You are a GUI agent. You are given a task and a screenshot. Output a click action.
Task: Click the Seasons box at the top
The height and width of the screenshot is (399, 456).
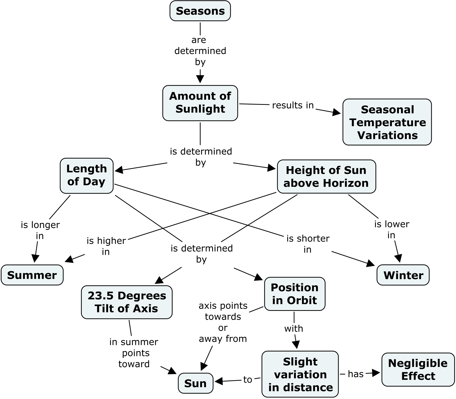tap(200, 11)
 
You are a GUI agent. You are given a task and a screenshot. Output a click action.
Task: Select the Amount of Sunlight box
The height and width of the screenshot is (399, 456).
tap(200, 103)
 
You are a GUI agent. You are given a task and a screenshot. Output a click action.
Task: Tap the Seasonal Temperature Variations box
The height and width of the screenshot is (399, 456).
tap(387, 122)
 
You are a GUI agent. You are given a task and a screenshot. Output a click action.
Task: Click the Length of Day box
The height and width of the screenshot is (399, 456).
tap(86, 176)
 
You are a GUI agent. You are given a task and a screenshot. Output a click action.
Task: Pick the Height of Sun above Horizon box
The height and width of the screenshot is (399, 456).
tap(326, 177)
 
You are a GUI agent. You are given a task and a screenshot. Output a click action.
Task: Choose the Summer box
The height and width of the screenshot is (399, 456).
tap(32, 275)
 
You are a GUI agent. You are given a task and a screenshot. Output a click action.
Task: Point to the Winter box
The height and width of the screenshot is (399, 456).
tap(403, 275)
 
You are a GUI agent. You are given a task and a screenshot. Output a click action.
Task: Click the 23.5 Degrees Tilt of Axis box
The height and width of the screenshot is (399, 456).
tap(126, 302)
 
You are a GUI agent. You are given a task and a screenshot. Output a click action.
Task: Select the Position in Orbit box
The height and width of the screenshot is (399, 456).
tap(294, 294)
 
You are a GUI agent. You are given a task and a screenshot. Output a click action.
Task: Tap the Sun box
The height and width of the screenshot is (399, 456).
tap(195, 383)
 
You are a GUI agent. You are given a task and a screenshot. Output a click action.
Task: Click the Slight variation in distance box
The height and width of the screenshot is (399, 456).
tap(300, 374)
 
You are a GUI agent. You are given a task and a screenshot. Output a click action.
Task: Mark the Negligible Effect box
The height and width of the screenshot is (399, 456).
tap(418, 369)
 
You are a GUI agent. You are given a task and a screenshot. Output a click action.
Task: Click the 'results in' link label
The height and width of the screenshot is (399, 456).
tap(293, 105)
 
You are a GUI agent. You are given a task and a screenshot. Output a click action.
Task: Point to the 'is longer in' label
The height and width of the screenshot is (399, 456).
tap(40, 230)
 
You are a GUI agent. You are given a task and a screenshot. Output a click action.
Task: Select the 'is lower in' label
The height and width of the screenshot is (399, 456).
tap(391, 229)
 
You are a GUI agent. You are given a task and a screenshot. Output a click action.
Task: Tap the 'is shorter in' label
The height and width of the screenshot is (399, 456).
tap(308, 244)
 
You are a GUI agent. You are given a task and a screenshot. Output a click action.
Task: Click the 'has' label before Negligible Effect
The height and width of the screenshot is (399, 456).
tap(356, 374)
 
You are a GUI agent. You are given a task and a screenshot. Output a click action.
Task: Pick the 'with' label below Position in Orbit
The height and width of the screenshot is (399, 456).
tap(293, 329)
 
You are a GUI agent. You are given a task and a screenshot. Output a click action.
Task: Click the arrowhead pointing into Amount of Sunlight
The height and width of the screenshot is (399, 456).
tap(200, 79)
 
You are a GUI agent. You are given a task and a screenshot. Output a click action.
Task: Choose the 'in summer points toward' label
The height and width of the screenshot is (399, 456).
tap(134, 353)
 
